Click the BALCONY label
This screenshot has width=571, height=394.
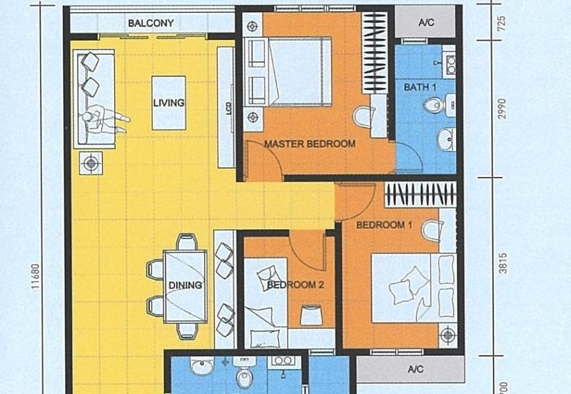151,24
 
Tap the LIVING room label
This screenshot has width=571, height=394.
168,103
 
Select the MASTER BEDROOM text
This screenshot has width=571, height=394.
310,144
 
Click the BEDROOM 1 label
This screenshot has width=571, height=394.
385,226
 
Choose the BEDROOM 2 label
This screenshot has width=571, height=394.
296,286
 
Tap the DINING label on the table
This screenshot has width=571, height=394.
185,286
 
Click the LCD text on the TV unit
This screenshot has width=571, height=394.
228,108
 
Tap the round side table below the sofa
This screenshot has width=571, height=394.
91,163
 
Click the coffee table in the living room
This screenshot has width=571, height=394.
168,103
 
